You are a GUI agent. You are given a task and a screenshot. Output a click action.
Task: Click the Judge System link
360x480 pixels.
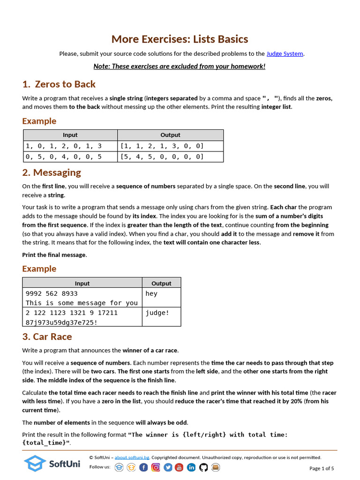[x=285, y=54]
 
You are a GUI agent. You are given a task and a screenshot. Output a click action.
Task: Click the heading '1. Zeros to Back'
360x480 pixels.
[x=59, y=84]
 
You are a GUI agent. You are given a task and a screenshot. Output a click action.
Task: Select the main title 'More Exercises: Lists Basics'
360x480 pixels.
[x=180, y=39]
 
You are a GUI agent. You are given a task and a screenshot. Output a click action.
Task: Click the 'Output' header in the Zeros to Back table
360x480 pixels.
[x=170, y=135]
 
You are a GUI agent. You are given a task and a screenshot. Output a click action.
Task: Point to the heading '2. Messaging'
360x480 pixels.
[x=52, y=172]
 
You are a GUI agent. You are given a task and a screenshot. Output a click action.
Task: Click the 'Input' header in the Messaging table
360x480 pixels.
[x=82, y=283]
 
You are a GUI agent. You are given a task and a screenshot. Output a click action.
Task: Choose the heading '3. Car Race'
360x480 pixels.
[x=47, y=337]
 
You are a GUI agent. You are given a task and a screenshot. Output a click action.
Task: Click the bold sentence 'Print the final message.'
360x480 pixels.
[x=54, y=255]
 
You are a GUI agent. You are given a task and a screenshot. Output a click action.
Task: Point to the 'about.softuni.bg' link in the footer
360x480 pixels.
[x=132, y=457]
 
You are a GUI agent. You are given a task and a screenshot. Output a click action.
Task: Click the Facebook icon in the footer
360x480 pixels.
[x=143, y=467]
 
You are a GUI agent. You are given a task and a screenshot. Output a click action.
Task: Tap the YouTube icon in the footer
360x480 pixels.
[x=180, y=467]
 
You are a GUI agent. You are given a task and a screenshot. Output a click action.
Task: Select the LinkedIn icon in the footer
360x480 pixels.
[x=191, y=467]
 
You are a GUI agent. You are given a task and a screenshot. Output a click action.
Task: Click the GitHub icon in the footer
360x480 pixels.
[x=203, y=467]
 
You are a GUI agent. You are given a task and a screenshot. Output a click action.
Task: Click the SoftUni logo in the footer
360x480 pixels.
[x=52, y=464]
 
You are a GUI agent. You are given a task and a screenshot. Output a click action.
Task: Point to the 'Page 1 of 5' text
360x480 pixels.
[x=322, y=468]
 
